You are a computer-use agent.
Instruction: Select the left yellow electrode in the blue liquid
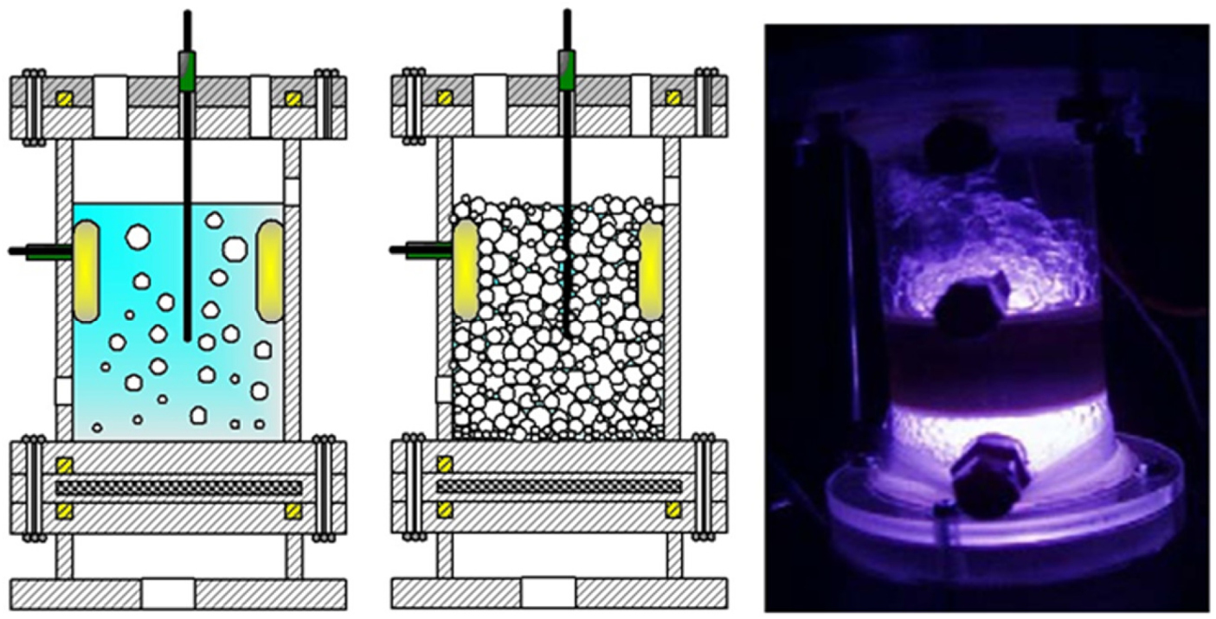pyautogui.click(x=87, y=271)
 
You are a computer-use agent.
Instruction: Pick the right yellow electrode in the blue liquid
pyautogui.click(x=270, y=271)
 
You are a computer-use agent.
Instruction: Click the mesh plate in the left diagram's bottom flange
pyautogui.click(x=178, y=488)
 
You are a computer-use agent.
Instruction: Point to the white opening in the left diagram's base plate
pyautogui.click(x=168, y=594)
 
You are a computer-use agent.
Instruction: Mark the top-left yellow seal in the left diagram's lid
pyautogui.click(x=63, y=96)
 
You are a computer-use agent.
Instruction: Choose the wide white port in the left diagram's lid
pyautogui.click(x=110, y=105)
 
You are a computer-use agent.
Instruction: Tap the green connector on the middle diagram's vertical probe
pyautogui.click(x=567, y=71)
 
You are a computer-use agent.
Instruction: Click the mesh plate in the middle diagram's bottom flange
pyautogui.click(x=559, y=487)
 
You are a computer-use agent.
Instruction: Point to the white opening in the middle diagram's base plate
pyautogui.click(x=549, y=594)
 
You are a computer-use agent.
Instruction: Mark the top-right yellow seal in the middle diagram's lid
pyautogui.click(x=672, y=97)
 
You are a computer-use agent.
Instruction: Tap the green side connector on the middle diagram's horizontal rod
pyautogui.click(x=424, y=252)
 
